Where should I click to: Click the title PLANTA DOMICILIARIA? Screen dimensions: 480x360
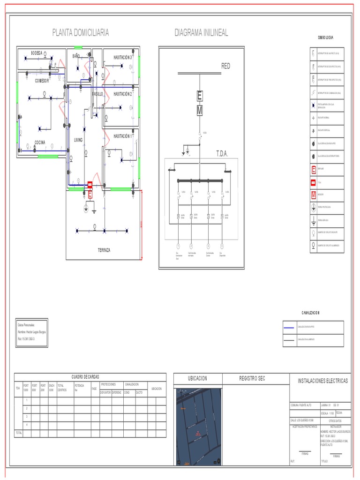(x=81, y=32)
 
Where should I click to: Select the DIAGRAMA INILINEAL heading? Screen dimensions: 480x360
(x=201, y=32)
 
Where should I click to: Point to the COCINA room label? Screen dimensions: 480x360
(x=40, y=142)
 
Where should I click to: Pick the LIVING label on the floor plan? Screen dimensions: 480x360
(x=78, y=140)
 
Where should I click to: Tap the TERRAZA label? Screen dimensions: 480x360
(x=104, y=250)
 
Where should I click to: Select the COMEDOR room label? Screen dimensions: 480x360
(x=42, y=81)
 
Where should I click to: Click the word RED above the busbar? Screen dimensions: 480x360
(x=226, y=67)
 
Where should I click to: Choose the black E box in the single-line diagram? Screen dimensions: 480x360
(x=200, y=96)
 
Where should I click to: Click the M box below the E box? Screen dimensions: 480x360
(x=200, y=111)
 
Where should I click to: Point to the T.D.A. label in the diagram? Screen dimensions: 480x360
(x=222, y=153)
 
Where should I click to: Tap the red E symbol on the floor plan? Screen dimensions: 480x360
(x=90, y=194)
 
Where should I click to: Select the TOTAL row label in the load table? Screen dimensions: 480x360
(x=19, y=433)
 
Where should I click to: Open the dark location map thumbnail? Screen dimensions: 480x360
(x=199, y=427)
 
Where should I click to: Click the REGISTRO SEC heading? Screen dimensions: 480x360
(x=252, y=378)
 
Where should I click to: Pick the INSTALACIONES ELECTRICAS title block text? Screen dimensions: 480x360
(x=323, y=381)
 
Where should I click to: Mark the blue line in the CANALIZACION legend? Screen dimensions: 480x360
(x=289, y=327)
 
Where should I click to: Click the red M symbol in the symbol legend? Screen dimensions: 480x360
(x=314, y=194)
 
